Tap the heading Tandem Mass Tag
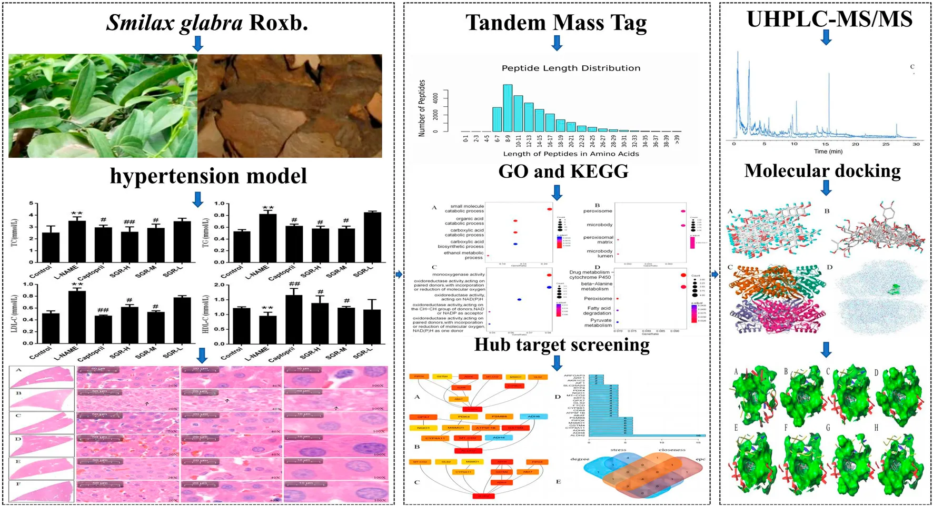click(x=556, y=23)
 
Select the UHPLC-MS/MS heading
click(x=829, y=19)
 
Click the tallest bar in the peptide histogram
click(x=508, y=108)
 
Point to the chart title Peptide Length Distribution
click(x=571, y=68)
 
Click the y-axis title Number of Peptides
click(x=422, y=108)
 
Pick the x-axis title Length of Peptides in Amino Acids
click(x=571, y=154)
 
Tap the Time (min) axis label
click(x=828, y=151)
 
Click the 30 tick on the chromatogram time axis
click(x=916, y=144)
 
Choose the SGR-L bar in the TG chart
click(x=372, y=237)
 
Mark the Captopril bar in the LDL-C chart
click(x=103, y=329)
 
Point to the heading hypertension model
click(x=208, y=176)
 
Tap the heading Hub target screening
click(x=561, y=345)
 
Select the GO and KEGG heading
click(x=563, y=171)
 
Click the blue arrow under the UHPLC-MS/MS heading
click(x=826, y=37)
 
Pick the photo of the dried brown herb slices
click(x=290, y=106)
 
